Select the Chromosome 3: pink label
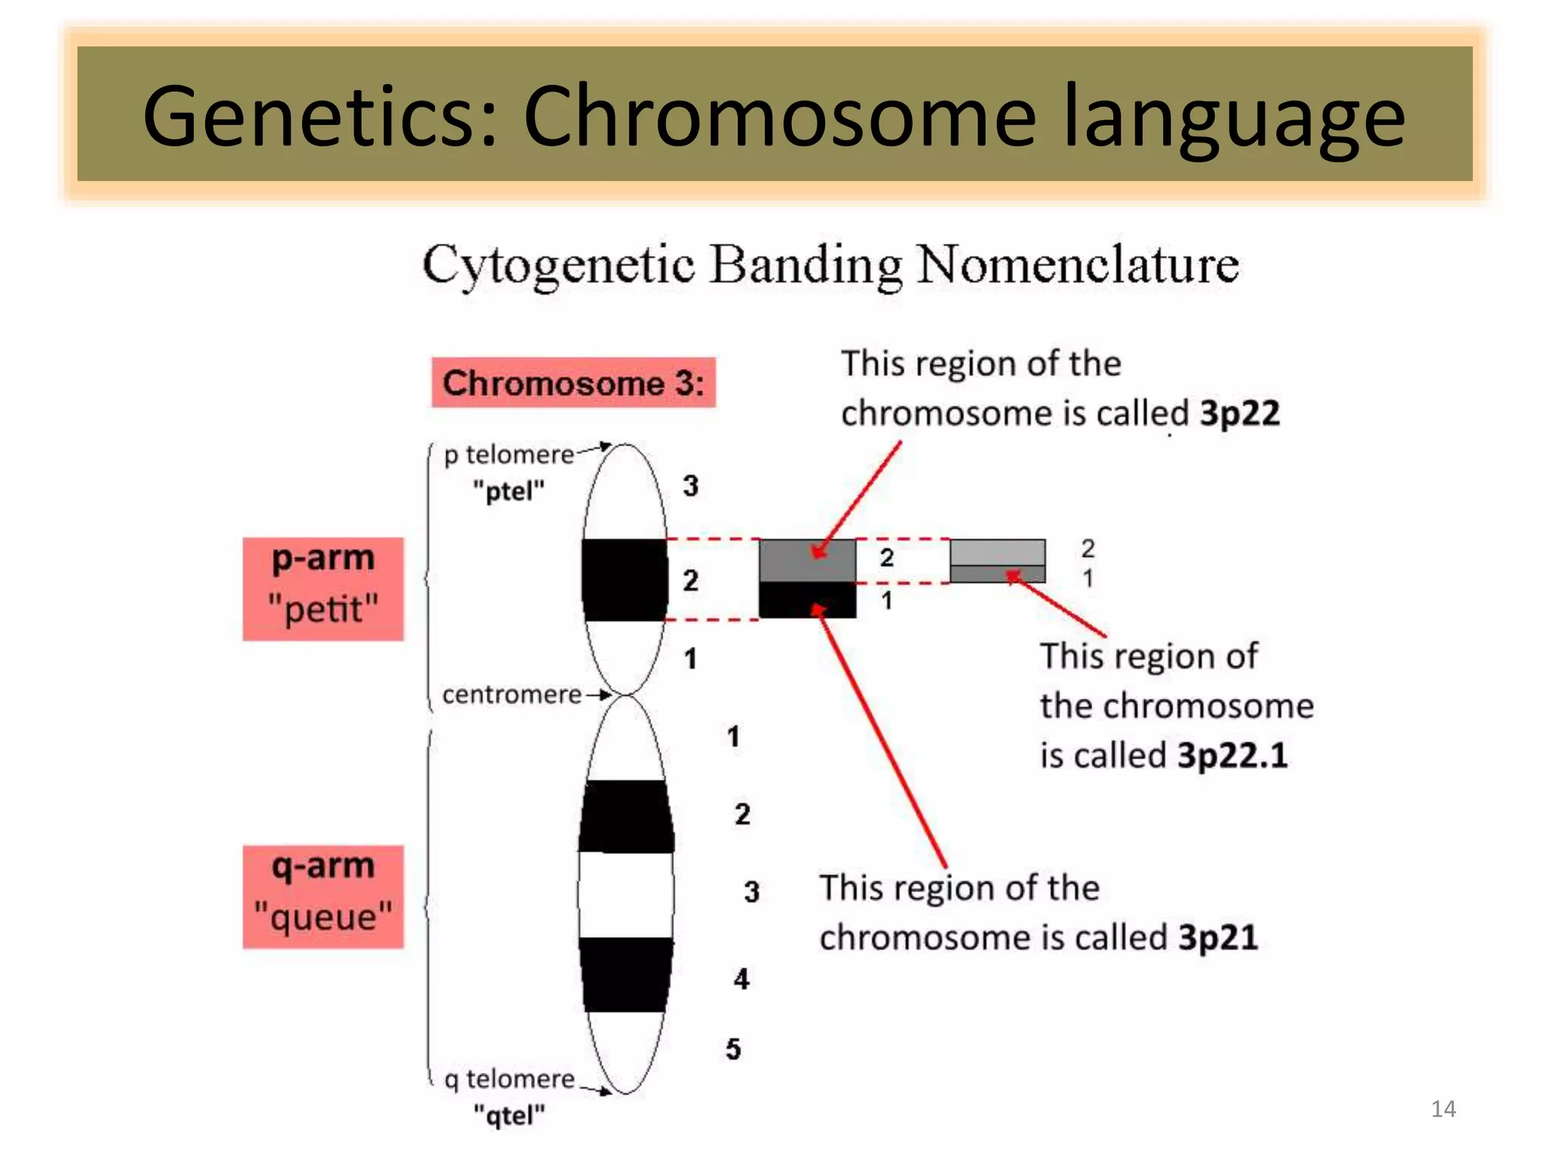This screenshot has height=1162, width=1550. click(x=573, y=383)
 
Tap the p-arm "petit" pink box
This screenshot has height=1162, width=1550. click(x=323, y=589)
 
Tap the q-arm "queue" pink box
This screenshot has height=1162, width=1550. click(x=323, y=896)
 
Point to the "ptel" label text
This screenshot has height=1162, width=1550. click(x=509, y=492)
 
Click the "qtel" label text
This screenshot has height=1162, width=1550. click(x=509, y=1115)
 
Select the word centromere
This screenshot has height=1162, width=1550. click(x=512, y=694)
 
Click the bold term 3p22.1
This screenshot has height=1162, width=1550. click(x=1232, y=755)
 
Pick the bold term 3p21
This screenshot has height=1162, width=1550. click(x=1218, y=937)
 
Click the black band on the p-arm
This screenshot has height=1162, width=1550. click(x=625, y=580)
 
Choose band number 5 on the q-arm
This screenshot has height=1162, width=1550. click(x=733, y=1049)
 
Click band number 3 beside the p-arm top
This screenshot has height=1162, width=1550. click(x=690, y=486)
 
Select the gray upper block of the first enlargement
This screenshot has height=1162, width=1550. click(x=807, y=561)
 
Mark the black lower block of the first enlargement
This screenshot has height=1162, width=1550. click(x=807, y=601)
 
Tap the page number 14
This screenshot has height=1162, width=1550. click(x=1443, y=1109)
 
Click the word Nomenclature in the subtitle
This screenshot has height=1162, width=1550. click(x=1078, y=266)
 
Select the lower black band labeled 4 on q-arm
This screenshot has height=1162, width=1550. click(x=625, y=974)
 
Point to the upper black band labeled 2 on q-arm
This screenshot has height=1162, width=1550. click(x=625, y=817)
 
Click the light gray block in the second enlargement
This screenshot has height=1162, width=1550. click(x=998, y=552)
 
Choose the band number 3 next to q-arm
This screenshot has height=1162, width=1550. click(x=751, y=892)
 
